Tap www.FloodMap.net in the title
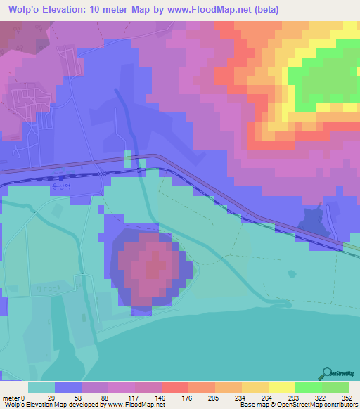click(x=211, y=10)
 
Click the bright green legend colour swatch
click(x=309, y=387)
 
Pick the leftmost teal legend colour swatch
click(x=41, y=387)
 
